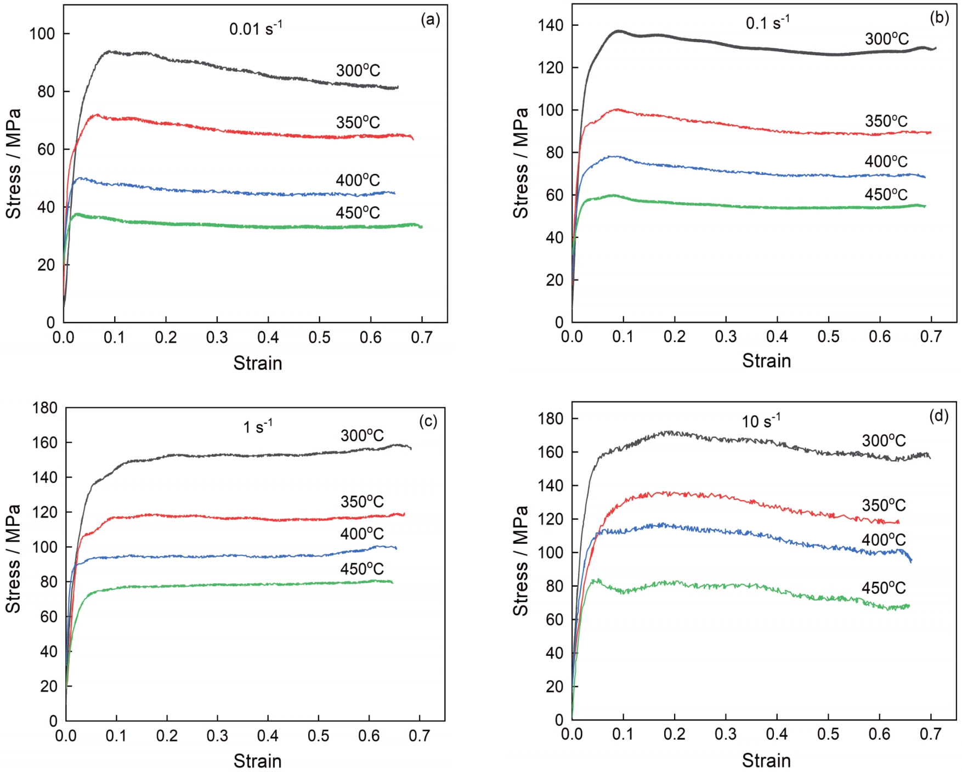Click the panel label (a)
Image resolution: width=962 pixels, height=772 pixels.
[430, 20]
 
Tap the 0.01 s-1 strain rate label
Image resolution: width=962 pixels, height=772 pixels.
[255, 28]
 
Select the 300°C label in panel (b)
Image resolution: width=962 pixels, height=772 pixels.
[886, 39]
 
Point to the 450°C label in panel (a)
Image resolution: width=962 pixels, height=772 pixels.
[358, 213]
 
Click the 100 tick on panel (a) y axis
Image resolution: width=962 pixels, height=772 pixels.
[42, 34]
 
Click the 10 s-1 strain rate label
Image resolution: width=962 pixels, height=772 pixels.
[761, 421]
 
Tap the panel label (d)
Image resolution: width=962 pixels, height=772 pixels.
[938, 416]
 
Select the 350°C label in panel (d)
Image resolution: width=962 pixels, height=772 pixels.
[884, 505]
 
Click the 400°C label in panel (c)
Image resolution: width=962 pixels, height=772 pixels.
[361, 533]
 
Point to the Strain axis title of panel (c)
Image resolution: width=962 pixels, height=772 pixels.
[257, 760]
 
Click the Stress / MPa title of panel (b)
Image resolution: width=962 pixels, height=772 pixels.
[520, 163]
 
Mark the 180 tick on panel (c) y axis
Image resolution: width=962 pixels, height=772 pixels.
[44, 408]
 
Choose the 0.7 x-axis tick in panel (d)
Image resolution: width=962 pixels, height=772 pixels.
[931, 734]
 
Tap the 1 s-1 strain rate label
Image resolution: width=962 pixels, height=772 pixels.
[258, 427]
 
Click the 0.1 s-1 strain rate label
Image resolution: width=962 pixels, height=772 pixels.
[767, 23]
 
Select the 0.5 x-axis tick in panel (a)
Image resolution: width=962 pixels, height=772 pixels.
[319, 337]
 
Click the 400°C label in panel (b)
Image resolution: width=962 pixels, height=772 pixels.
[886, 162]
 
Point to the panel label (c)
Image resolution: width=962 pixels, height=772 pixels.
[428, 421]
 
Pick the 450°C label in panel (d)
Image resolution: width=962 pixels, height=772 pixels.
[884, 588]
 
